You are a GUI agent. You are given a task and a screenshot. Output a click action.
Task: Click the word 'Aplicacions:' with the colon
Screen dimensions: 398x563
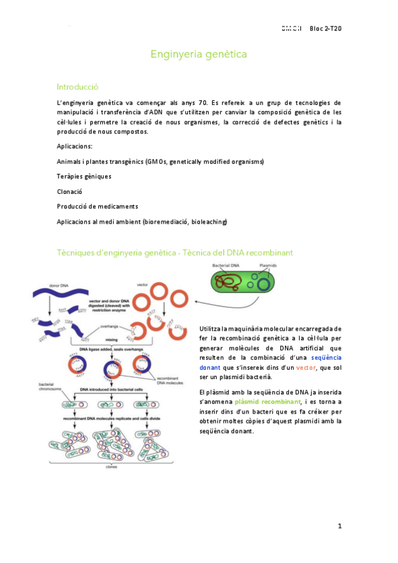(75, 146)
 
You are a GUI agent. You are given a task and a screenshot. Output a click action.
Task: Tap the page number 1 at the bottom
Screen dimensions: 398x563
(340, 526)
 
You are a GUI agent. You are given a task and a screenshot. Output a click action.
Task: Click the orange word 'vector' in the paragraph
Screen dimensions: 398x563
(306, 366)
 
